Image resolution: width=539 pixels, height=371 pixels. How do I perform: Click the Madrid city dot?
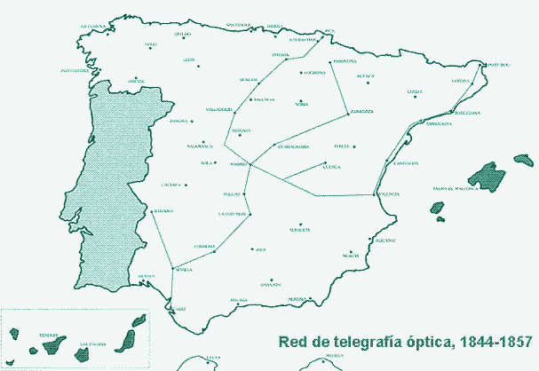250,165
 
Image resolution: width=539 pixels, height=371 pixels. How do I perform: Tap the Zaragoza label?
361,112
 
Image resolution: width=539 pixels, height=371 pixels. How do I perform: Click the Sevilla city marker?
171,266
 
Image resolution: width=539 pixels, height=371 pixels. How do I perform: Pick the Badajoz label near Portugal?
163,210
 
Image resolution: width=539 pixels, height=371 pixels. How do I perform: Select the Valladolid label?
218,109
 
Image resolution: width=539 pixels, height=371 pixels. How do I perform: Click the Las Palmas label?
92,343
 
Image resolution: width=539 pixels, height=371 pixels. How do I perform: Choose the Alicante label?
385,241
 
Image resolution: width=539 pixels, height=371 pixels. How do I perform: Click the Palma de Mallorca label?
456,188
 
